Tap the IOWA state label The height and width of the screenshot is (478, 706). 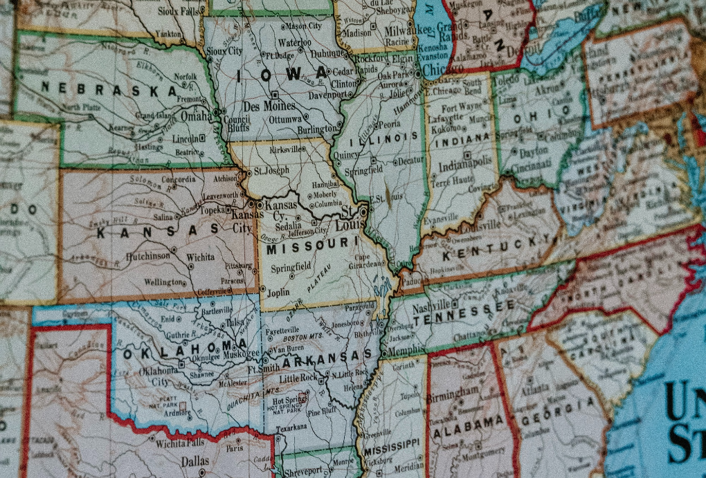[281, 75]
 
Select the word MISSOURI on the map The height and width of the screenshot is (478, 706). [311, 245]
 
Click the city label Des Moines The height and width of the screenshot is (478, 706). [269, 107]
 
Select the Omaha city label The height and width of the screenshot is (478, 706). [197, 117]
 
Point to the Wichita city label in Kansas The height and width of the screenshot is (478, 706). [200, 257]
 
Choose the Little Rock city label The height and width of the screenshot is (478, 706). [298, 378]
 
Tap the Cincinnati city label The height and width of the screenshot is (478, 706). [532, 165]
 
